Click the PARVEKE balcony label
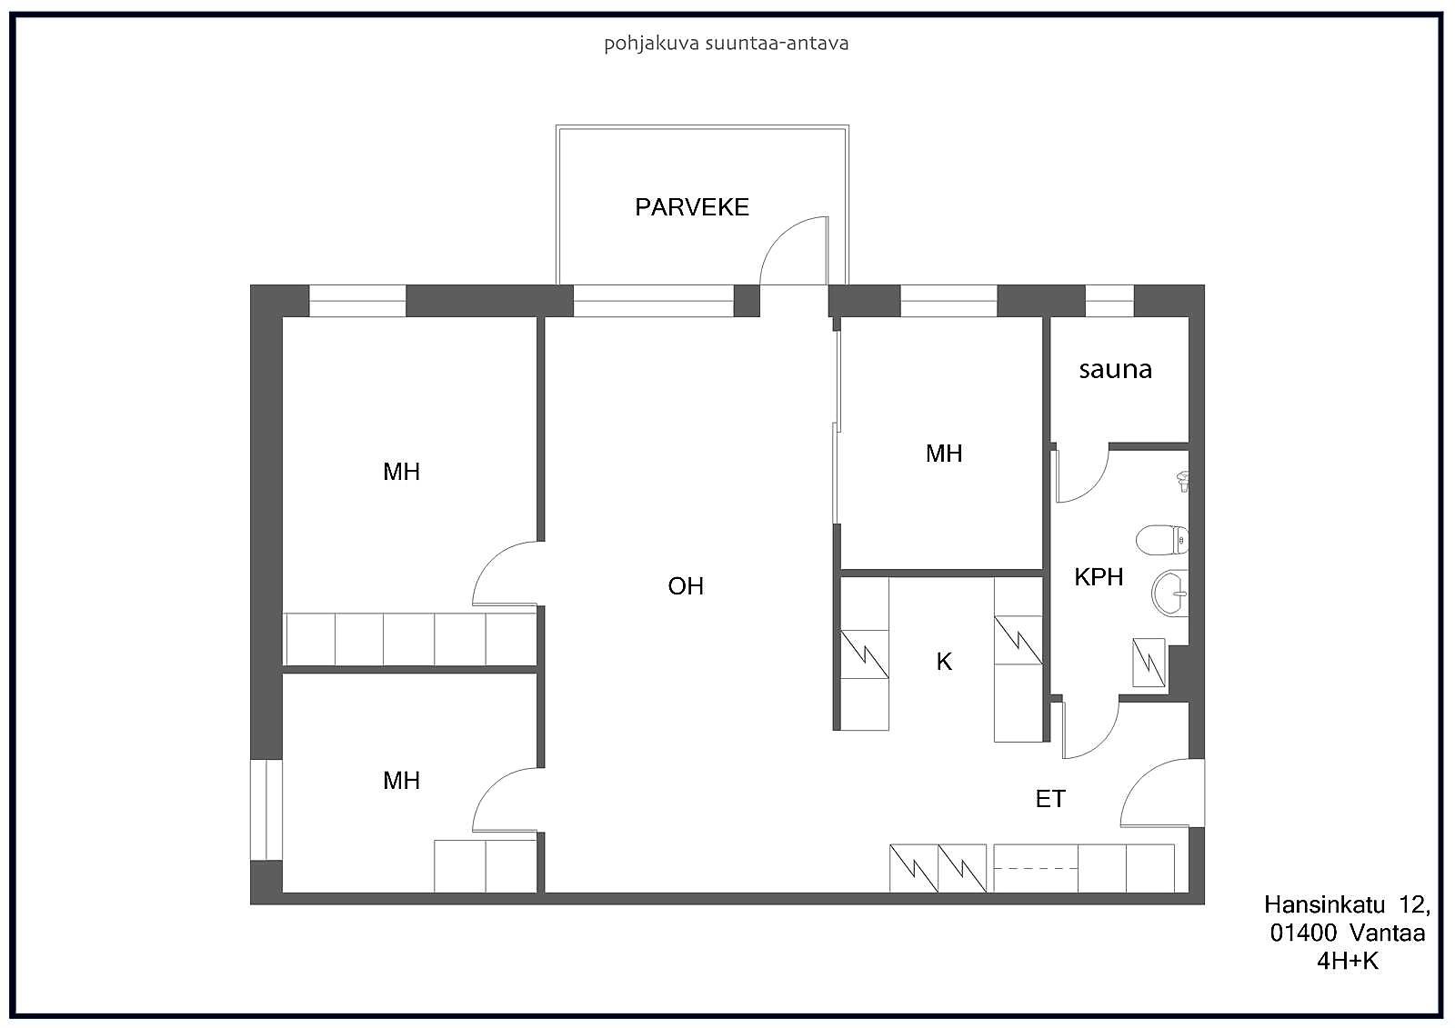point(692,207)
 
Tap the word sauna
point(1115,370)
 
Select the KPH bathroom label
point(1099,576)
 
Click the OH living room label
point(686,585)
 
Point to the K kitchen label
point(944,661)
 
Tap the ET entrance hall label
point(1050,799)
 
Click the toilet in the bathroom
point(1162,540)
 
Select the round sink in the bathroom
point(1170,593)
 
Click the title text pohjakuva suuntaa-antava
point(727,44)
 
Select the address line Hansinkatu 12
point(1347,904)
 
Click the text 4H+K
point(1347,960)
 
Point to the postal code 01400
point(1303,933)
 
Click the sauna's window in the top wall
point(1109,301)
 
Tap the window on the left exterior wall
point(266,810)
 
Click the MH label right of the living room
point(944,454)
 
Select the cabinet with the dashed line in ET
point(1036,868)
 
